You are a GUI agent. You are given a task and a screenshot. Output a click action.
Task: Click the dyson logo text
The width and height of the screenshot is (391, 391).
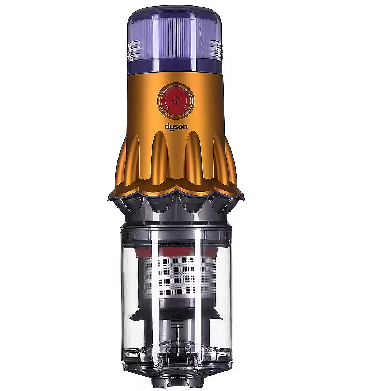(x=176, y=127)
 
